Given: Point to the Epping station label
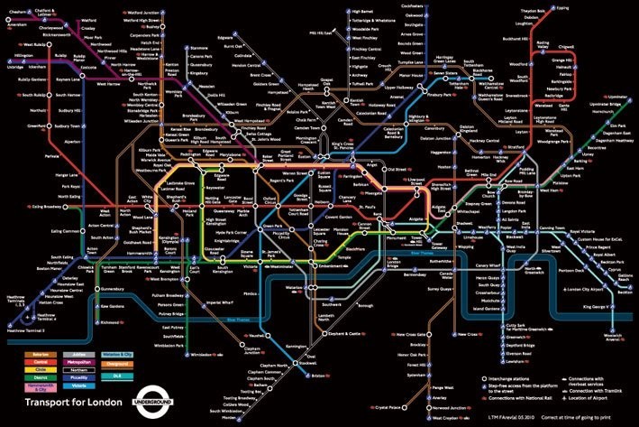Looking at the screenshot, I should click(588, 8).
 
